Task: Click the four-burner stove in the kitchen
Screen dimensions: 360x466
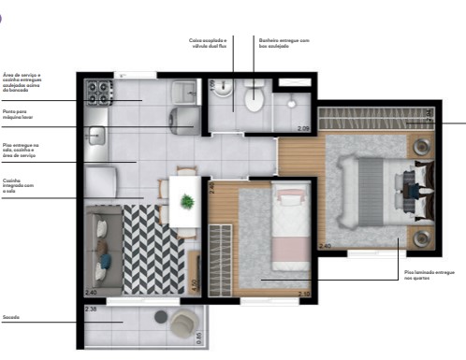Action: (98, 91)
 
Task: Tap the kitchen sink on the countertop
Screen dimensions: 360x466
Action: (95, 136)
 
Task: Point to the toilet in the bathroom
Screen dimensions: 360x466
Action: (252, 95)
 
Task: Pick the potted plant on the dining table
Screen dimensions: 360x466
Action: (186, 200)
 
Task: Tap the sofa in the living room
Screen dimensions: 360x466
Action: (102, 247)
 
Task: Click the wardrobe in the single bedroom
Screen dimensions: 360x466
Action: (219, 262)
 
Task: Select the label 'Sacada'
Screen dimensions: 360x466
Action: (11, 317)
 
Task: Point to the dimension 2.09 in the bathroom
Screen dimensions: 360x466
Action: (302, 127)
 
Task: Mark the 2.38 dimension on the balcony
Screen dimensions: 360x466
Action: (91, 309)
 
